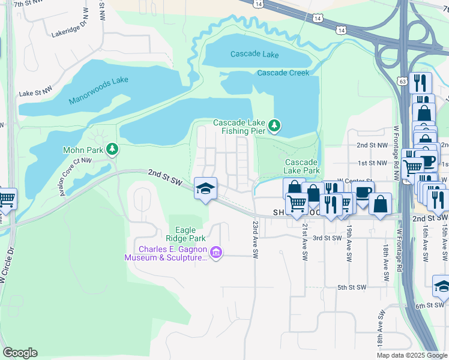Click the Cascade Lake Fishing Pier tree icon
[274, 125]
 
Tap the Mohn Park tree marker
[111, 149]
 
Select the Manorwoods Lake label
[98, 91]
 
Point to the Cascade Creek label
[283, 73]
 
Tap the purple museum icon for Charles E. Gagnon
[216, 254]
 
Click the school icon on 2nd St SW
[205, 189]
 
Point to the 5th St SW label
[351, 288]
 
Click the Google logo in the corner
[20, 353]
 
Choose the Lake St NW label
[36, 94]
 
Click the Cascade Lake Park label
[301, 166]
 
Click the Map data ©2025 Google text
[412, 355]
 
